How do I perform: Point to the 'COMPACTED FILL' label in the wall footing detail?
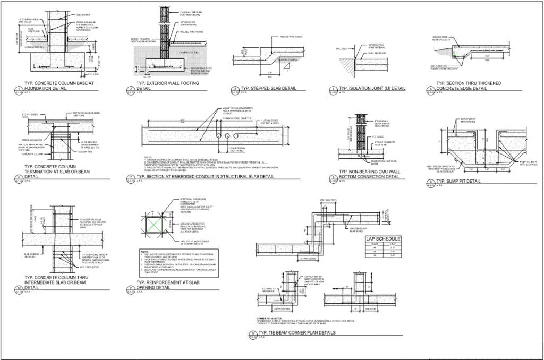189,53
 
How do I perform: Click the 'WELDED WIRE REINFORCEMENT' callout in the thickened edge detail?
445,38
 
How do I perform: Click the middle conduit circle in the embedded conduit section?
219,136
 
